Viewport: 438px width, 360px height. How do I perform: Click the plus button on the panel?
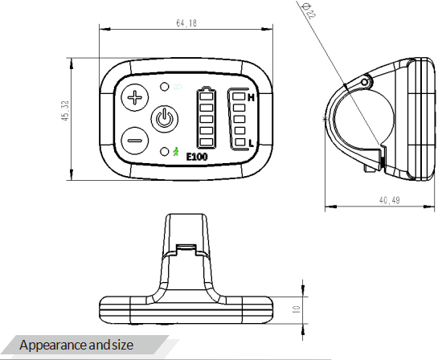click(x=135, y=97)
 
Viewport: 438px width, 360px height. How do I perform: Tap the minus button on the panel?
click(x=135, y=141)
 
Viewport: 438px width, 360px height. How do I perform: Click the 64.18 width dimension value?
click(x=186, y=22)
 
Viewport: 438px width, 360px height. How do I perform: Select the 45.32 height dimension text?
click(x=65, y=111)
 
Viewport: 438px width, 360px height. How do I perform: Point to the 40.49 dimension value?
click(x=389, y=200)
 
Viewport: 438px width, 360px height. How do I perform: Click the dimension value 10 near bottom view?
click(x=297, y=309)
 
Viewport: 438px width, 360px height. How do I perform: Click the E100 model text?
click(x=197, y=157)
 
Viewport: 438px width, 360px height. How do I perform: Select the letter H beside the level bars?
click(x=251, y=97)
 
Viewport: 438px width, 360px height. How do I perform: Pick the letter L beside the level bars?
click(x=251, y=143)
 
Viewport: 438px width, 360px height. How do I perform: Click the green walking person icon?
click(x=176, y=151)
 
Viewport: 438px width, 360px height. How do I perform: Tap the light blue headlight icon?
click(x=178, y=87)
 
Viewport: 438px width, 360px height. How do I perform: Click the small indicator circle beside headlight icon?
click(x=165, y=87)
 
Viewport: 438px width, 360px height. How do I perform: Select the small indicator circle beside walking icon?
click(x=165, y=152)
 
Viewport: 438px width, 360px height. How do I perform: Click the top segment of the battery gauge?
click(x=207, y=96)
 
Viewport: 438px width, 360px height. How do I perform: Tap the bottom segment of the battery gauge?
click(x=207, y=142)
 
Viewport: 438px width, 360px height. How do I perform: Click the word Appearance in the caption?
click(x=53, y=346)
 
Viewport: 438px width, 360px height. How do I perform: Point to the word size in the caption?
click(x=123, y=345)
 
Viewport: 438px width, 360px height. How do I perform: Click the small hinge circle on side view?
click(x=365, y=82)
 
